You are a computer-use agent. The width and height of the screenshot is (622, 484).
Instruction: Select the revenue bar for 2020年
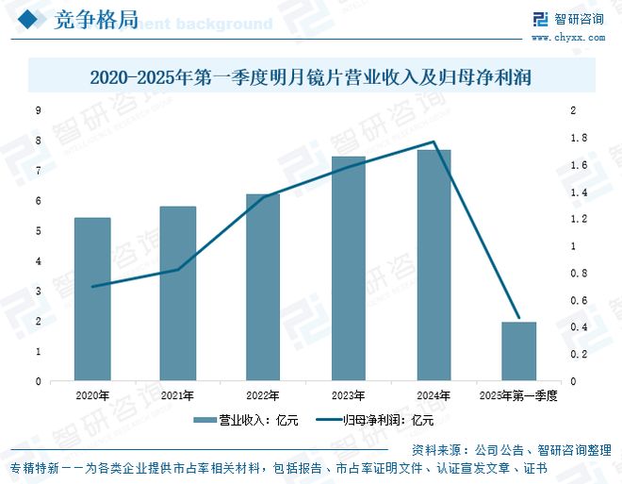(x=92, y=299)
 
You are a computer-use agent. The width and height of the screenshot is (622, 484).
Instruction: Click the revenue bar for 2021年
(x=177, y=293)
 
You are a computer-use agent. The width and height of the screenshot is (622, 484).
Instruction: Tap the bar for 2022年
(x=262, y=288)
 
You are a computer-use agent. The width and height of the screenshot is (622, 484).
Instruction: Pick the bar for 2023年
(x=348, y=269)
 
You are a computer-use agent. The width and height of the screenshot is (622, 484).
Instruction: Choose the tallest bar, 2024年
(x=434, y=265)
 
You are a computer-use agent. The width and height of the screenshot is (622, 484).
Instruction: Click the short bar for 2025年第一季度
(x=518, y=351)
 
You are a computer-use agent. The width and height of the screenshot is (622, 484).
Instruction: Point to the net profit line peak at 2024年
(x=434, y=142)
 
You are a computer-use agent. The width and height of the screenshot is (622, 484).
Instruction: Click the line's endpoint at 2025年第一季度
(x=518, y=319)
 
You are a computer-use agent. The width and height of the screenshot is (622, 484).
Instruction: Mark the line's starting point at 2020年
(x=92, y=286)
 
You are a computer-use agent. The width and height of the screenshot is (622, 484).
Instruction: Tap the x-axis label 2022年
(x=262, y=395)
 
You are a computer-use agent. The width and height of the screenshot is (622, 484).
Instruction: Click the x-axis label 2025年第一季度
(x=518, y=395)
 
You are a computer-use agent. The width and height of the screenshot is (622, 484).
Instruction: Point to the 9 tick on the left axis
(x=39, y=110)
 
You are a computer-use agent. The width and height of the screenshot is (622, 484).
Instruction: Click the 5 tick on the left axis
(x=39, y=231)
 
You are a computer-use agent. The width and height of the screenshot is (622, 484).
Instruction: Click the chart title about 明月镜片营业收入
(x=311, y=77)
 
